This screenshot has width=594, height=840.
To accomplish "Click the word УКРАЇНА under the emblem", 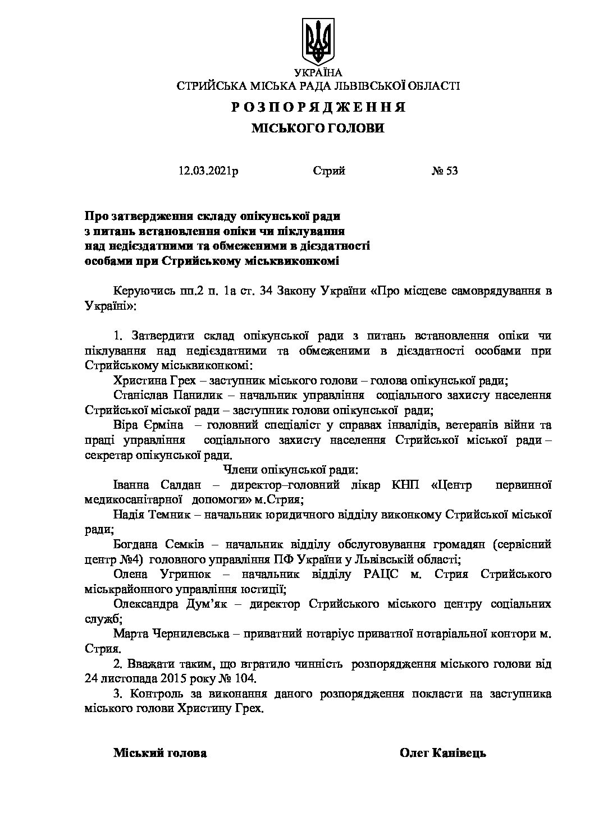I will click(318, 73).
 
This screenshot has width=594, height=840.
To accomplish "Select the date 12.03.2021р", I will click(208, 171).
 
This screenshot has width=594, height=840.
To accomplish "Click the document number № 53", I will click(445, 171).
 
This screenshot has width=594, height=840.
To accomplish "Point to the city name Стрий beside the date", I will click(329, 171).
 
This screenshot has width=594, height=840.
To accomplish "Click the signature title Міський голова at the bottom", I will click(160, 753).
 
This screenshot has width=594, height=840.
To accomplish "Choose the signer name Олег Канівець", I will click(442, 753).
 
